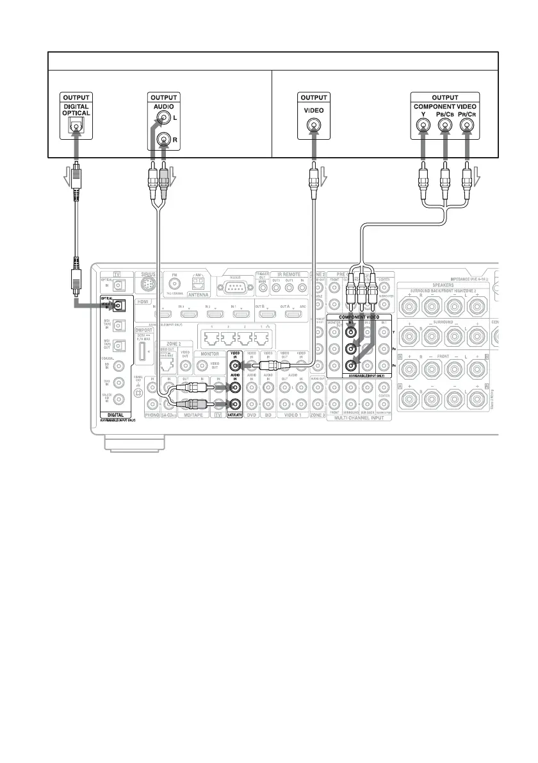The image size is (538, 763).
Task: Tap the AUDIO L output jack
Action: click(166, 119)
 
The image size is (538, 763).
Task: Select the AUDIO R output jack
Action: click(166, 138)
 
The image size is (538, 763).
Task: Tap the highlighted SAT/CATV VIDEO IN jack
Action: click(236, 367)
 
